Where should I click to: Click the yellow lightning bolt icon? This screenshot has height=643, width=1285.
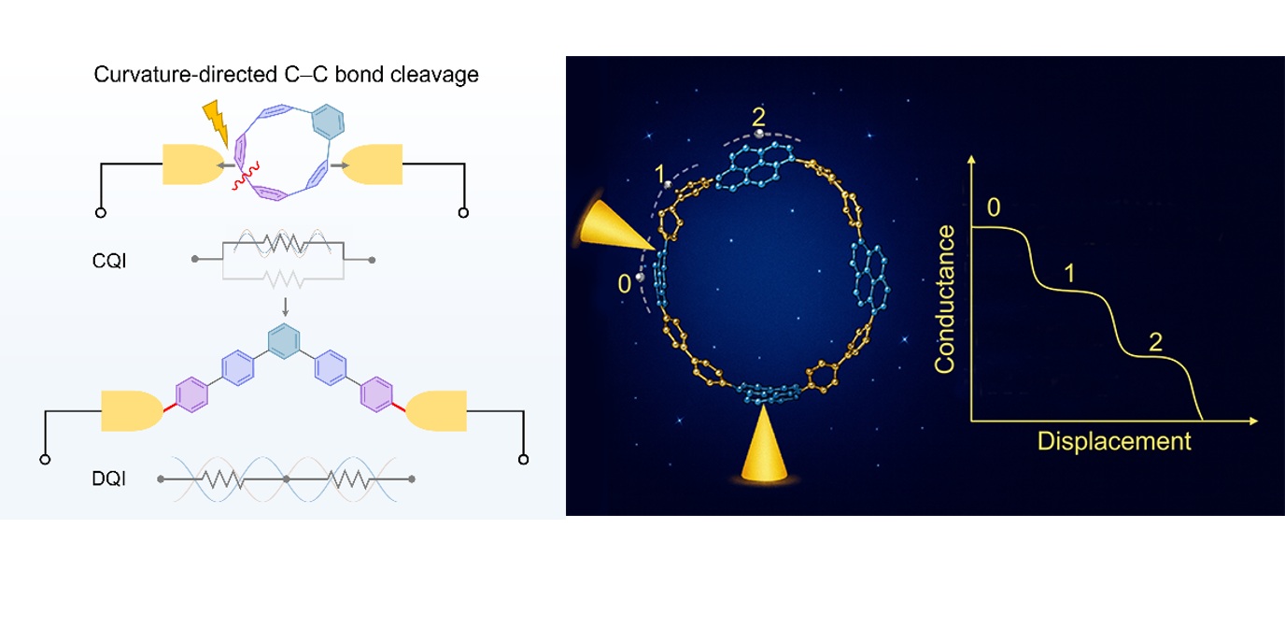[217, 122]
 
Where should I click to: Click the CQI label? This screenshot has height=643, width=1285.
[109, 262]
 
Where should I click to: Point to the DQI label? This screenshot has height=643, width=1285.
[109, 479]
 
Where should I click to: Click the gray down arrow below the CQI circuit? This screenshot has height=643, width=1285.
[285, 307]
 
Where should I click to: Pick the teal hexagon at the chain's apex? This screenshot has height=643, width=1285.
[284, 341]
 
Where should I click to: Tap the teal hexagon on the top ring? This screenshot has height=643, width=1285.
[328, 121]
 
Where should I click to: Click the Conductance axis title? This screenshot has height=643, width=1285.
[945, 299]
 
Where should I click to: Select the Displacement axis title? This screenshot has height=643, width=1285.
[1114, 441]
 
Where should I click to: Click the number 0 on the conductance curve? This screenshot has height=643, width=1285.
[994, 207]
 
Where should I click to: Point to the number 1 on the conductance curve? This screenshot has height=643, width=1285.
[1068, 273]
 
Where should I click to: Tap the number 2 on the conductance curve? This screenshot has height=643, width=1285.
[1155, 342]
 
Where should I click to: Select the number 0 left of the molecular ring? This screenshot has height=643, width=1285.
[624, 283]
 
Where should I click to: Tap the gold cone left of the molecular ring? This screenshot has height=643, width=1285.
[615, 225]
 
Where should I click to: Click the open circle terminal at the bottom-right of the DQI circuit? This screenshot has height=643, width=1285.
[523, 459]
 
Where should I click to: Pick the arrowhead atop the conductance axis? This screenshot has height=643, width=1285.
[971, 160]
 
